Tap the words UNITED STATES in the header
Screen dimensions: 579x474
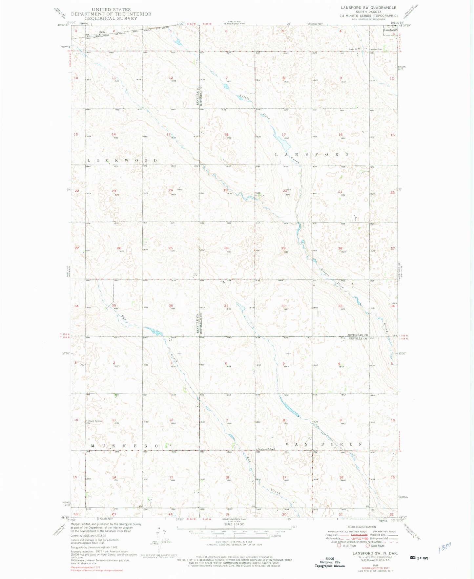coord(111,10)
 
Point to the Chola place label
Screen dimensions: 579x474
coord(102,32)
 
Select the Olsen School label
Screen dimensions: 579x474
coord(95,421)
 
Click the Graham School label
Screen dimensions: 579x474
coord(266,449)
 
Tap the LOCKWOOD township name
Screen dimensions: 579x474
coord(122,160)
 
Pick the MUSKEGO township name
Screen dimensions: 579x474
coord(125,446)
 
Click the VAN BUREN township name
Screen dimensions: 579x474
coord(324,444)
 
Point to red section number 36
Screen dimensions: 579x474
coord(171,306)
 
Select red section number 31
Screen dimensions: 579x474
coord(226,306)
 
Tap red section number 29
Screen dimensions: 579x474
coord(283,248)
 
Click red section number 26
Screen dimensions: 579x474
coord(119,248)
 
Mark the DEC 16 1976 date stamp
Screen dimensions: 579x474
coord(419,558)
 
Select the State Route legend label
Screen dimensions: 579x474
coord(378,546)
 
